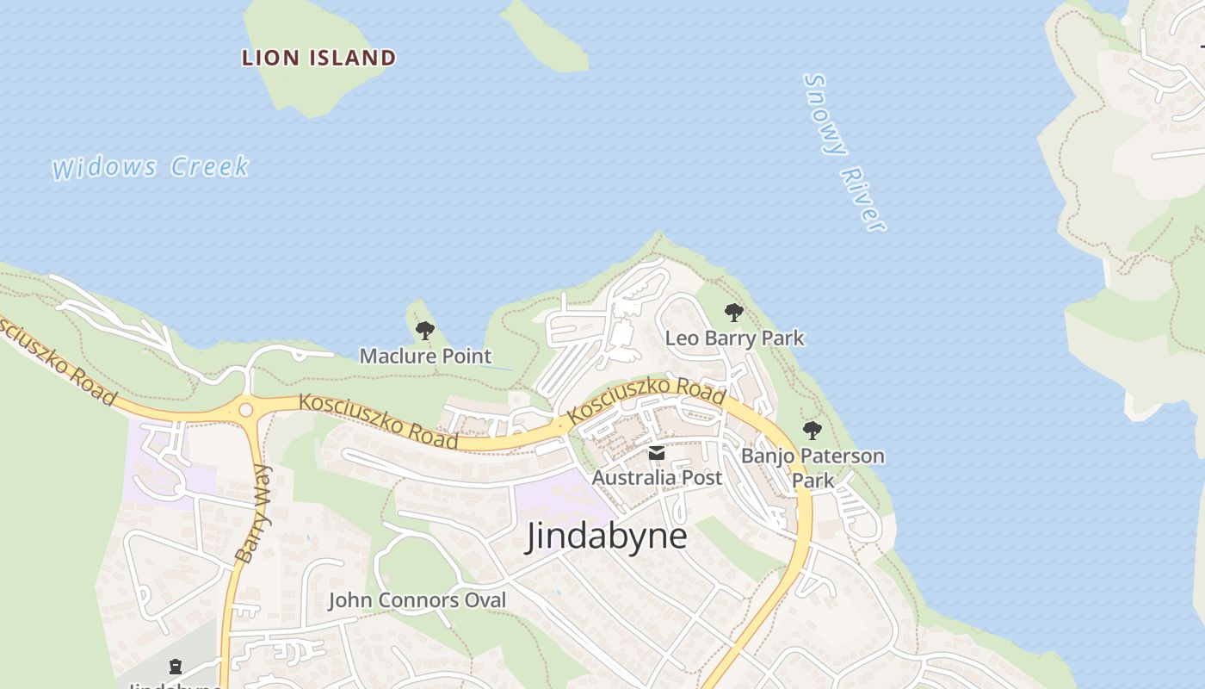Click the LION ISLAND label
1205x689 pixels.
[x=318, y=58]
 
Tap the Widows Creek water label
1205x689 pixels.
[x=151, y=167]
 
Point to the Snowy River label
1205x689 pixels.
[x=843, y=152]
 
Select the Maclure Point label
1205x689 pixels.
[x=425, y=356]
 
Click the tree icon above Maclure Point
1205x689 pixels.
[x=424, y=330]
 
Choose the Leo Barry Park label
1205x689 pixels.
[x=734, y=338]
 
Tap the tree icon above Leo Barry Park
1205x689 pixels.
[x=733, y=313]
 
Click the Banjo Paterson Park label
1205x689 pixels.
[x=813, y=467]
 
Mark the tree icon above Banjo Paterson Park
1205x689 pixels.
[x=812, y=430]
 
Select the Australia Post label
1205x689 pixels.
[x=657, y=477]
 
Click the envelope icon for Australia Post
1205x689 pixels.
[x=657, y=453]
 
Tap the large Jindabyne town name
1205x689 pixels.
[x=607, y=536]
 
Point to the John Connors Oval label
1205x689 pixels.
[x=417, y=600]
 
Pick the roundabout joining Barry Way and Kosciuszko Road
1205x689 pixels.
[x=246, y=411]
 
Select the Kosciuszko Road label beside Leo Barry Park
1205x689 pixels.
[x=646, y=400]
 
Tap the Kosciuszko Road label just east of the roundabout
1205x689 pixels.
[x=378, y=421]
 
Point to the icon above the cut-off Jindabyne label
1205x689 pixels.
[x=176, y=666]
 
